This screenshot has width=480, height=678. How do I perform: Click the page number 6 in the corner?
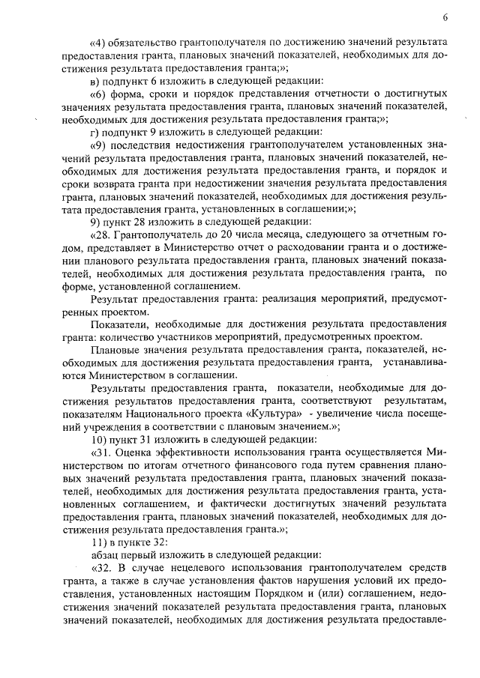click(x=445, y=18)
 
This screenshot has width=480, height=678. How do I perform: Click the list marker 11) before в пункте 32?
click(x=99, y=542)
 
